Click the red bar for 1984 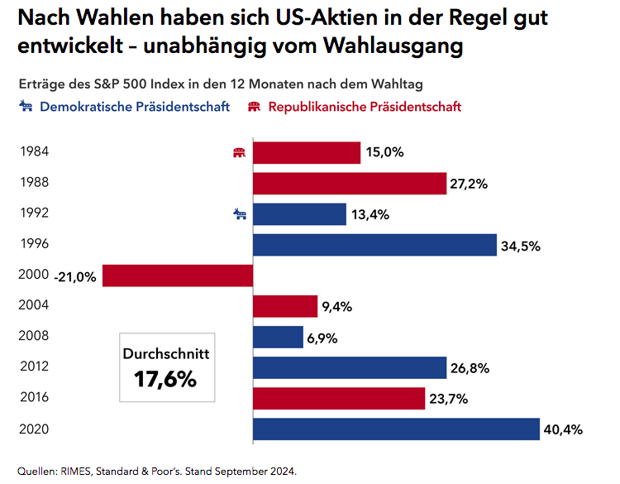(306, 152)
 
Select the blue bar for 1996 (374, 245)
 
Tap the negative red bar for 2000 (177, 276)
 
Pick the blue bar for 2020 (396, 429)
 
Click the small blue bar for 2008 (278, 337)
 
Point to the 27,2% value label (470, 184)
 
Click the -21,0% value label (74, 276)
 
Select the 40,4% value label (564, 430)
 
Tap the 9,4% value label (337, 307)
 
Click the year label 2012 (33, 367)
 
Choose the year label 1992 (33, 213)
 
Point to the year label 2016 (33, 397)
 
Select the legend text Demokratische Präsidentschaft (135, 107)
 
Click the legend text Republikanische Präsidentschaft (365, 107)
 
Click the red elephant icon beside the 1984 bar (240, 152)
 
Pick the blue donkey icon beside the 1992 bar (240, 214)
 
